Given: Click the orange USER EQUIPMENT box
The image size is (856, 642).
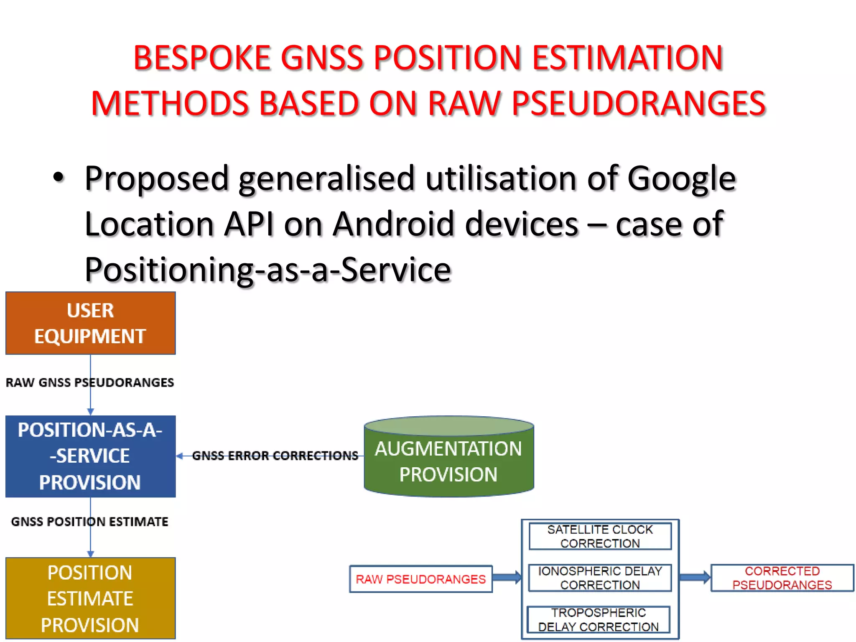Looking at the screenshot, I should point(90,323).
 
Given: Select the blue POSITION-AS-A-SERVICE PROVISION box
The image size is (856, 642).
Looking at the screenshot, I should point(90,456).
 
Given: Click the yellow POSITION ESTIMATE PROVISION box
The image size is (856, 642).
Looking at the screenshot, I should point(90,598).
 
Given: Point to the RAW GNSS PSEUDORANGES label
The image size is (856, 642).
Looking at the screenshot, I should point(90,382).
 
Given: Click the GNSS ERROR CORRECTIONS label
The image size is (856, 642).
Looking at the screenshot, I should point(275,456).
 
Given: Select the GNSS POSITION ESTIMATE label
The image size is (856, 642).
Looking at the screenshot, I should point(89,522).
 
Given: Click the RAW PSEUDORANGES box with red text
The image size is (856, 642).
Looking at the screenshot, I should point(420,579).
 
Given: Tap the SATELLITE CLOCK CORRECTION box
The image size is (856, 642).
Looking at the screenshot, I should point(600,536).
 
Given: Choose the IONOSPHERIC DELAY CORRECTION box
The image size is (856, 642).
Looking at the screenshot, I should point(600,578).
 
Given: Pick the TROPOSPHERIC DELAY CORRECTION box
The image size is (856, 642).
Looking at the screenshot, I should point(598,619).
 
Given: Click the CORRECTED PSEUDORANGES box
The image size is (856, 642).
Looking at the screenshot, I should point(782,578).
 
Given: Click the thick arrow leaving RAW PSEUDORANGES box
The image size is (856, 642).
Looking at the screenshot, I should point(507,578).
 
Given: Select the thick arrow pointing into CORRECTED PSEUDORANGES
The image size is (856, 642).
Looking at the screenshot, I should point(695,578).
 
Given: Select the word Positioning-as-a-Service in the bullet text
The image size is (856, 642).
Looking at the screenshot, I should point(267,270).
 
